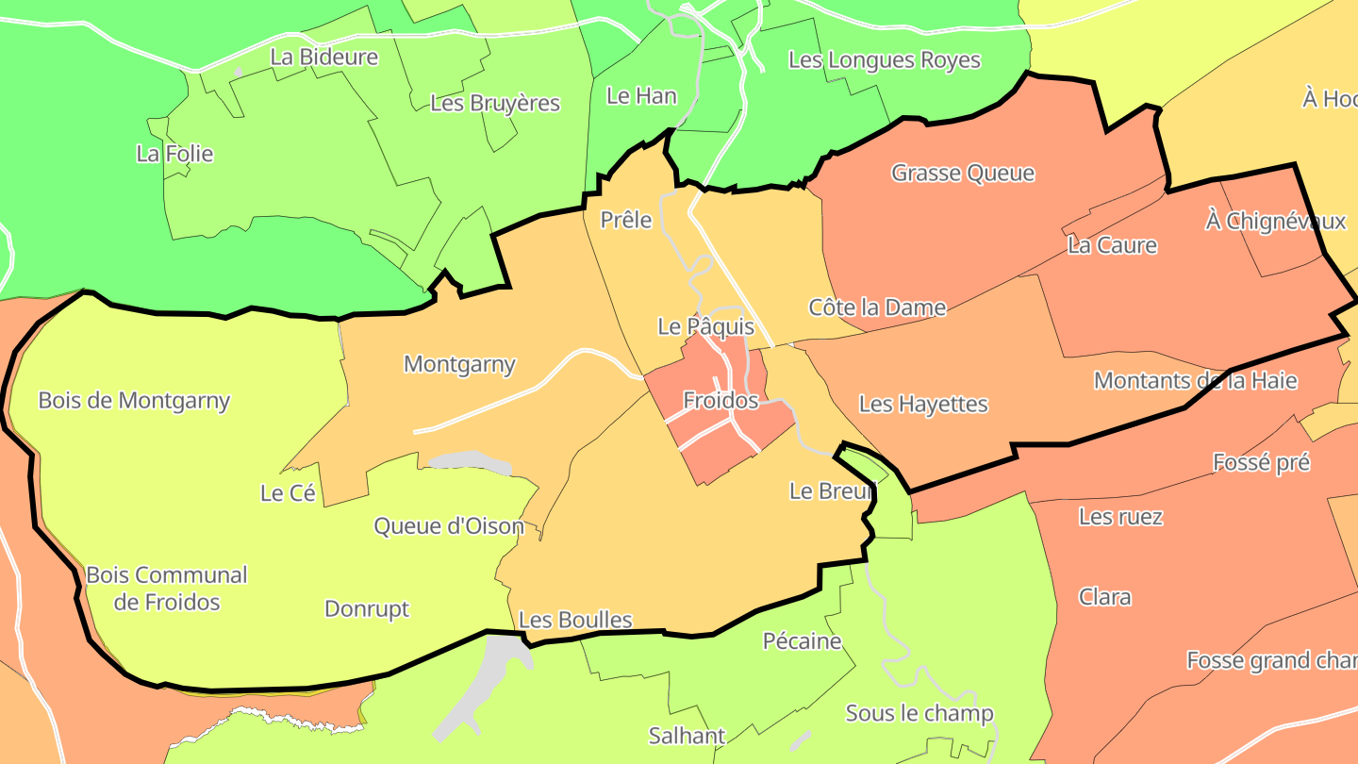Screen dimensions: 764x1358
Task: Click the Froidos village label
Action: [x=720, y=401]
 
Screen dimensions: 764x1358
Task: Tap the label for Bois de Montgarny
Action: [x=134, y=401]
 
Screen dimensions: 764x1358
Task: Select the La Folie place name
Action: [x=174, y=154]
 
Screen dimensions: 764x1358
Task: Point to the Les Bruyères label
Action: [x=495, y=103]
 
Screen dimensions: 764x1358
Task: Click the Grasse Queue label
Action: [x=963, y=174]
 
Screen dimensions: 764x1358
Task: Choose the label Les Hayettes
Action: [x=923, y=405]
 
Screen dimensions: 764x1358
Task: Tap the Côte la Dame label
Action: [x=877, y=307]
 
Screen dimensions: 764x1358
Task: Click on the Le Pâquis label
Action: [x=706, y=327]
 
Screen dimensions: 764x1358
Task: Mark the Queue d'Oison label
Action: [x=449, y=526]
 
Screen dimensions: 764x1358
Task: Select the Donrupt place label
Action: [x=367, y=609]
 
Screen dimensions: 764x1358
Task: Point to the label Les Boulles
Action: [x=575, y=621]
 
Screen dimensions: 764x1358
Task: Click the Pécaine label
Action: [x=802, y=642]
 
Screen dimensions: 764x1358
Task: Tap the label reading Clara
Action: [x=1105, y=598]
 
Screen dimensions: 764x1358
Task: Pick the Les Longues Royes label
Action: [x=884, y=61]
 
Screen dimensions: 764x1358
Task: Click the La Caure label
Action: [x=1112, y=246]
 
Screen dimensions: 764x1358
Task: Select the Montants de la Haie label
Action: [x=1195, y=381]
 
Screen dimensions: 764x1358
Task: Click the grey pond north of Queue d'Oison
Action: [x=470, y=462]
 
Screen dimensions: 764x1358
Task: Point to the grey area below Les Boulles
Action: [x=481, y=684]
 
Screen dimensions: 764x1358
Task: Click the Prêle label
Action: [x=627, y=221]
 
